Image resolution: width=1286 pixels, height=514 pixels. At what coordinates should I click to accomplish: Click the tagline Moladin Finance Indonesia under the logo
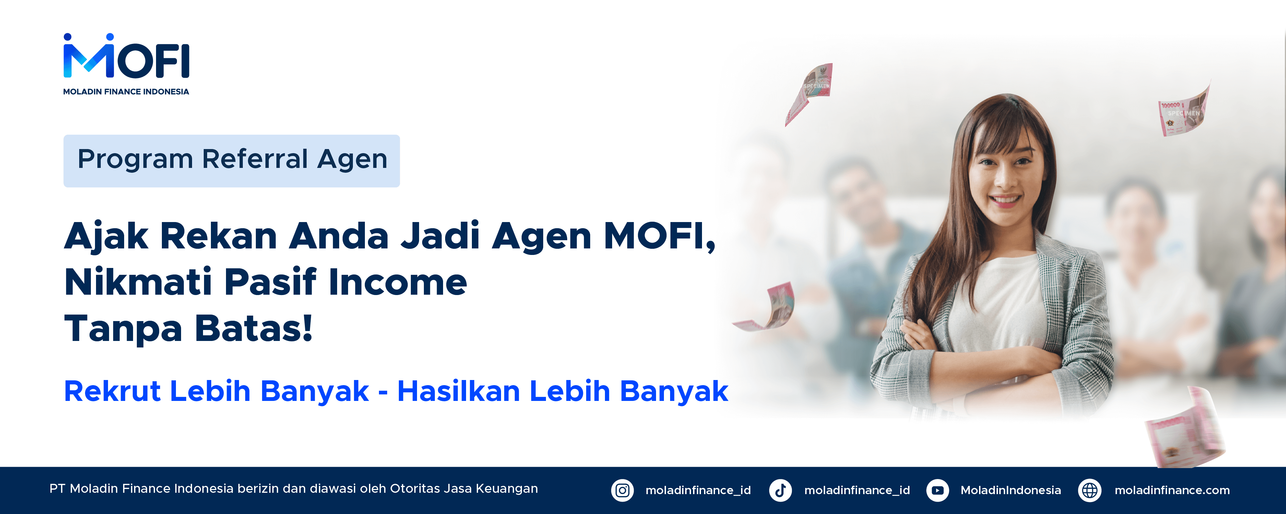point(126,92)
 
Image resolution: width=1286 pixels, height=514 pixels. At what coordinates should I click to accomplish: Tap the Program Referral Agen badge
point(231,161)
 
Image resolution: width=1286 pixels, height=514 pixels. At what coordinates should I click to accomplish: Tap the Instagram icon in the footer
point(622,490)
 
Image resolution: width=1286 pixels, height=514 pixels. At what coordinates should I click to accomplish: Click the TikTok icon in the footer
point(780,490)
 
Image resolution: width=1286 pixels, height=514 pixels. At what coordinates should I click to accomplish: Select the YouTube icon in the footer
point(938,490)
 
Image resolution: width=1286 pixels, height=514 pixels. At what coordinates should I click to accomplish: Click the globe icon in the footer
point(1090,490)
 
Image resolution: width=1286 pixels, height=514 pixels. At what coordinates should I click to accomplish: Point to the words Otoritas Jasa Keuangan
point(464,489)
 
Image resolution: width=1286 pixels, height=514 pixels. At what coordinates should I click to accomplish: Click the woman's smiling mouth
point(1004,200)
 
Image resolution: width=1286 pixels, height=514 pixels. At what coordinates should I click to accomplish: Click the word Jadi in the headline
point(440,236)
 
